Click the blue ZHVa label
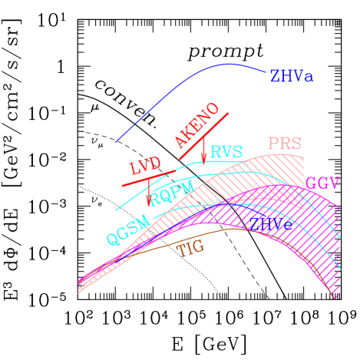tap(291, 77)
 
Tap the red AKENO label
tap(197, 125)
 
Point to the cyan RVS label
tap(226, 152)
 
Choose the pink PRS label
tap(284, 144)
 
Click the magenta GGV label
tap(322, 184)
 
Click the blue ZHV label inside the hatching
tap(270, 223)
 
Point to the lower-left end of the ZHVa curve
tap(116, 142)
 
